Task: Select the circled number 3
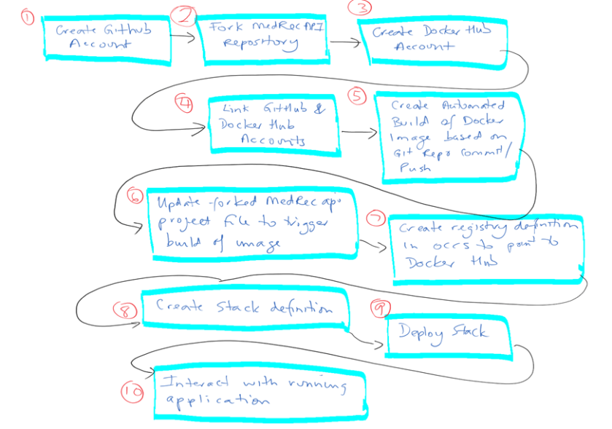[361, 9]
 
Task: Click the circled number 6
[134, 197]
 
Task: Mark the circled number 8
[125, 309]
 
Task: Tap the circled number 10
[132, 391]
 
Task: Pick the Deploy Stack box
[447, 335]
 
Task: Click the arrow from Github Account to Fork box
[185, 34]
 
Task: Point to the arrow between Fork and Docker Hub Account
[345, 42]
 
